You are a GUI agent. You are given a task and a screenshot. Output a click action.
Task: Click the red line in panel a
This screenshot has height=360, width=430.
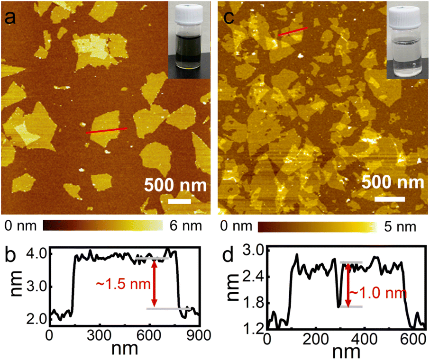tap(107, 130)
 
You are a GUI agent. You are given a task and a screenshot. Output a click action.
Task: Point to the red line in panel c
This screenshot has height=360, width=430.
tap(293, 31)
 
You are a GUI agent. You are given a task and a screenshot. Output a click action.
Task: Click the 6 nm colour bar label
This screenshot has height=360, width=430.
tap(184, 224)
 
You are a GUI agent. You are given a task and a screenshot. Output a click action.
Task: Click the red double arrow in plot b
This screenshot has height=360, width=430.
tap(154, 284)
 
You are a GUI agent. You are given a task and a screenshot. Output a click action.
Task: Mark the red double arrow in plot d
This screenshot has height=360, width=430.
tap(348, 284)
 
